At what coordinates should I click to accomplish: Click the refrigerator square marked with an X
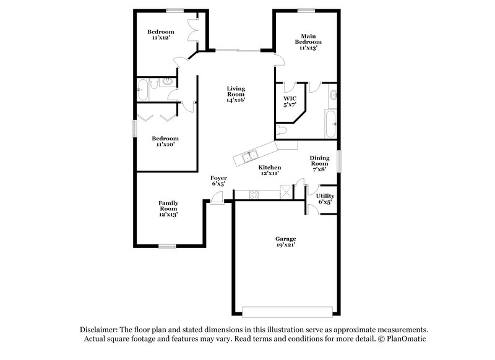pyautogui.click(x=286, y=191)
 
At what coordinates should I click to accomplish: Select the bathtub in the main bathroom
pyautogui.click(x=329, y=124)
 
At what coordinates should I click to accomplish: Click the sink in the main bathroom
pyautogui.click(x=334, y=95)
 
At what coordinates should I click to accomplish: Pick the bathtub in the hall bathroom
pyautogui.click(x=143, y=90)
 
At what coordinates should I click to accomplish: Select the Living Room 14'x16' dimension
pyautogui.click(x=236, y=100)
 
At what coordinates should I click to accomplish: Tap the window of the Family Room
pyautogui.click(x=168, y=246)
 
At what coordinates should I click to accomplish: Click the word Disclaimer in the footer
pyautogui.click(x=98, y=330)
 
